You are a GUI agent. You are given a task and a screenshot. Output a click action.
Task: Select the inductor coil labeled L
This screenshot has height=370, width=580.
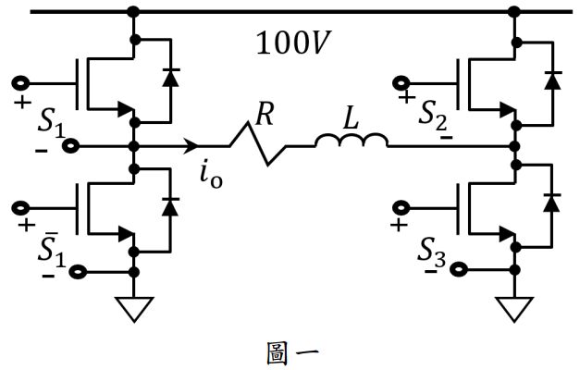(x=351, y=141)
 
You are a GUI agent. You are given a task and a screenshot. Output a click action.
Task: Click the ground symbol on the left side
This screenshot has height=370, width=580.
(x=135, y=308)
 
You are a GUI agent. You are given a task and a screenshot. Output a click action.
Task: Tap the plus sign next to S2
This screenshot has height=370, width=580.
(x=404, y=94)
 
